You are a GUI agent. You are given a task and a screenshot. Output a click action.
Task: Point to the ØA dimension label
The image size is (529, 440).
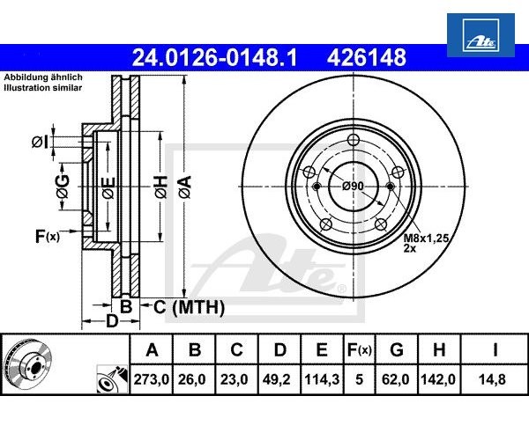[x=184, y=187]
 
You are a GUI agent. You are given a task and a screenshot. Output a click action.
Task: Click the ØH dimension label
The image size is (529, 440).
[x=160, y=187]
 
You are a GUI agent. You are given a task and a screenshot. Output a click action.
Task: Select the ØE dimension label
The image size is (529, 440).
[x=108, y=187]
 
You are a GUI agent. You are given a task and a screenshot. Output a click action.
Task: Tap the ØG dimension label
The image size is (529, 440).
[x=62, y=187]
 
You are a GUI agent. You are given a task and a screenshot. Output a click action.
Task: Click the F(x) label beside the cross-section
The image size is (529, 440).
[x=47, y=236]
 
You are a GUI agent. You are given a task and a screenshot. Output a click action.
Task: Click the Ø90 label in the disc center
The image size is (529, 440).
[x=353, y=186]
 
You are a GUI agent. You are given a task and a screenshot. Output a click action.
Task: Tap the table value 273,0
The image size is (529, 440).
[x=152, y=381]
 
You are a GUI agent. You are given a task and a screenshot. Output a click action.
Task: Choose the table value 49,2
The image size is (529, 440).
[x=279, y=381]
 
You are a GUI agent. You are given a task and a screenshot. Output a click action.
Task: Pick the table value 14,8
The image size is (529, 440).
[x=495, y=381]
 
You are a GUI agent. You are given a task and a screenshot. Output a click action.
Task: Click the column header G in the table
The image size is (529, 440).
[x=396, y=350]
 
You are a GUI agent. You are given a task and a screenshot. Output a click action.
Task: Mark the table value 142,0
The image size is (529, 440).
[x=439, y=381]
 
